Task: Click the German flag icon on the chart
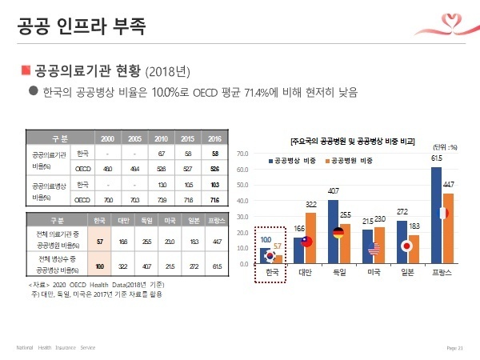click(338, 234)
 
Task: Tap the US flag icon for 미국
click(372, 250)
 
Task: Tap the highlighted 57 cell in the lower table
click(100, 240)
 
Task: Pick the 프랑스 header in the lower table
click(214, 218)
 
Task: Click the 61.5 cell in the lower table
click(214, 265)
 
